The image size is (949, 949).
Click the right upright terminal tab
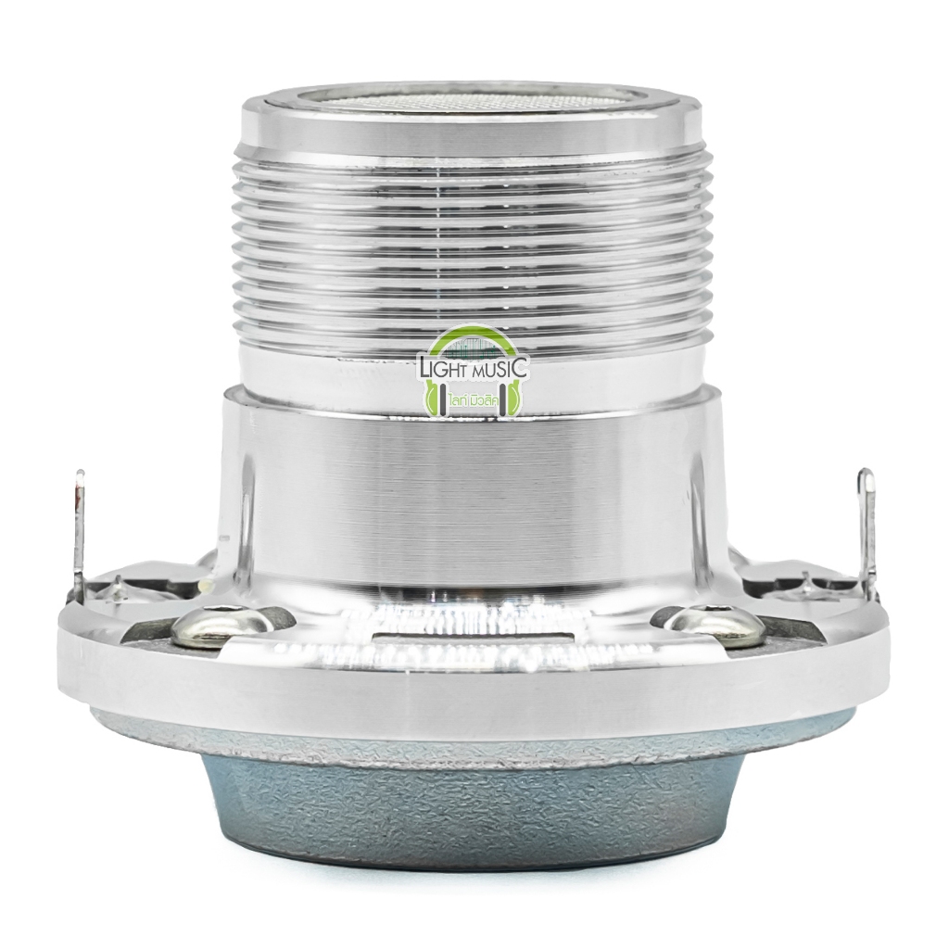coord(867,522)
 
